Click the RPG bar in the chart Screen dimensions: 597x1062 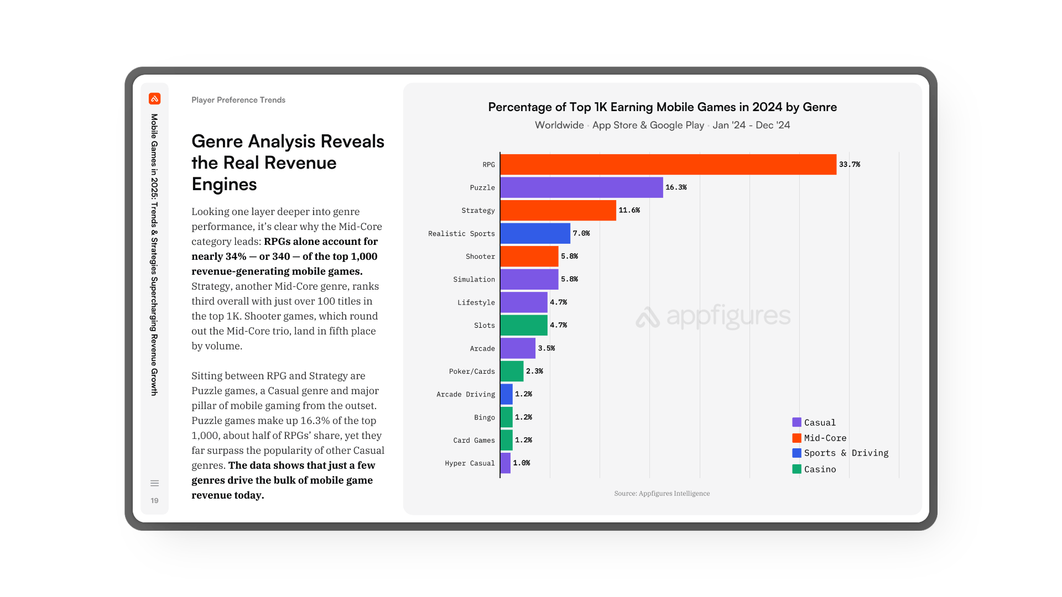tap(668, 165)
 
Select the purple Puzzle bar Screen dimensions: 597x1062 tap(581, 187)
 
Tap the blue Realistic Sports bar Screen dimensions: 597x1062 tap(535, 233)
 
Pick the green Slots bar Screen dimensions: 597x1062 tap(524, 325)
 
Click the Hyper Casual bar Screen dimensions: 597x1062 tap(506, 463)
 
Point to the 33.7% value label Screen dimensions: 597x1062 tap(849, 165)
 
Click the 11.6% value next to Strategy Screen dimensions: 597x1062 tap(629, 211)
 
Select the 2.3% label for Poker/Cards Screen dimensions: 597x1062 tap(534, 371)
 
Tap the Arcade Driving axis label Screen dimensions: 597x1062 tap(465, 395)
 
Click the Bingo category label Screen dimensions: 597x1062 tap(484, 417)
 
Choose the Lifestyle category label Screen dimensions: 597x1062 tap(476, 302)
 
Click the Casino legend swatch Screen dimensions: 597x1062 tap(796, 469)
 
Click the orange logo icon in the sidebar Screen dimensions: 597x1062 tap(155, 99)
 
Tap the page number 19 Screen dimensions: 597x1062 tap(155, 501)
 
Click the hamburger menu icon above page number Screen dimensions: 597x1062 tap(155, 483)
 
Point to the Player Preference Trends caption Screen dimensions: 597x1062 tap(238, 100)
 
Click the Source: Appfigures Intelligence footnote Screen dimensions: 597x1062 tap(662, 494)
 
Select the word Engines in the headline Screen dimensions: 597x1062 tap(224, 185)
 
